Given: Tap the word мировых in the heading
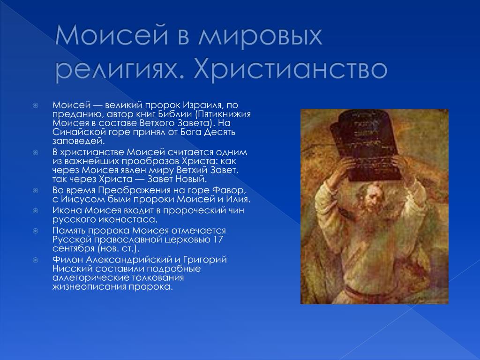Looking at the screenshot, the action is [x=260, y=36].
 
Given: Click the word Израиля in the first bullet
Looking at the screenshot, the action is [x=202, y=105].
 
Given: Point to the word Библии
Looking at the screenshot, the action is [x=175, y=114].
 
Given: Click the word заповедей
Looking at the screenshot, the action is [x=78, y=141].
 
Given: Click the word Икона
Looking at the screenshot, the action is [x=67, y=210].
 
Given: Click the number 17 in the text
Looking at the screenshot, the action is [x=218, y=240].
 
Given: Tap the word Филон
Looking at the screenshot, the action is [x=67, y=260].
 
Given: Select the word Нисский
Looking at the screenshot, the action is [x=72, y=269].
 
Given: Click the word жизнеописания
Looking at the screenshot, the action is [x=89, y=287].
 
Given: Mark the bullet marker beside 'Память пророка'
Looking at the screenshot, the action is [x=36, y=231].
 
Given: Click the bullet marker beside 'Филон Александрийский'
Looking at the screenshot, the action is [x=36, y=260].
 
